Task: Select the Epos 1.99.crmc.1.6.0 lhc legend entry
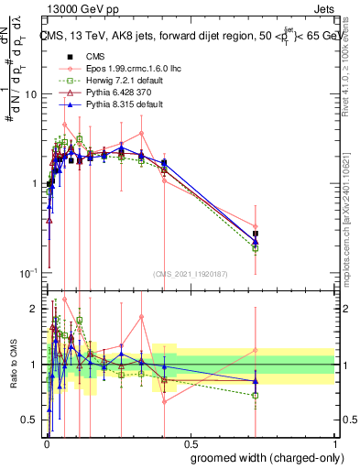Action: [115, 68]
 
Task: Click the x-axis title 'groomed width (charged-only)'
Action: [261, 457]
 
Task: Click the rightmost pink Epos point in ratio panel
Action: [256, 350]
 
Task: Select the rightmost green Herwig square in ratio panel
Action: [256, 396]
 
